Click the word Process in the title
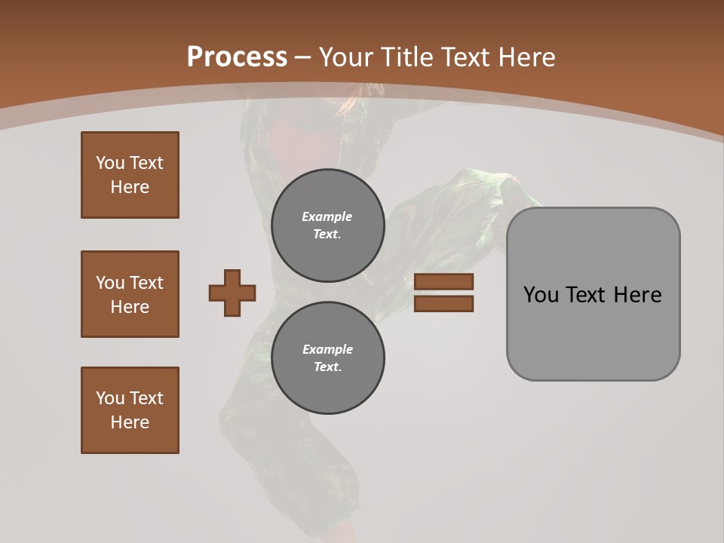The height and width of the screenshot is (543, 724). point(237,57)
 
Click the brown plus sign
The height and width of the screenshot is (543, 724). point(232,293)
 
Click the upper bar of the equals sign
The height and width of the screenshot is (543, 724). point(443,282)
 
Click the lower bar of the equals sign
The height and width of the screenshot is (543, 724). point(443,303)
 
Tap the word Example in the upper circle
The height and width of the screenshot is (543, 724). point(327,216)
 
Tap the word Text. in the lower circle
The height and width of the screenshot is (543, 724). point(327,367)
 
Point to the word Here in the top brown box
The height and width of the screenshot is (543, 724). point(130,187)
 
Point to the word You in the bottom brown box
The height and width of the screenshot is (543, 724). point(110,398)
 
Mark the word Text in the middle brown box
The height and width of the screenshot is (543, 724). point(146,283)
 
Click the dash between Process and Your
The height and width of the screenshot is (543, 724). point(303,57)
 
